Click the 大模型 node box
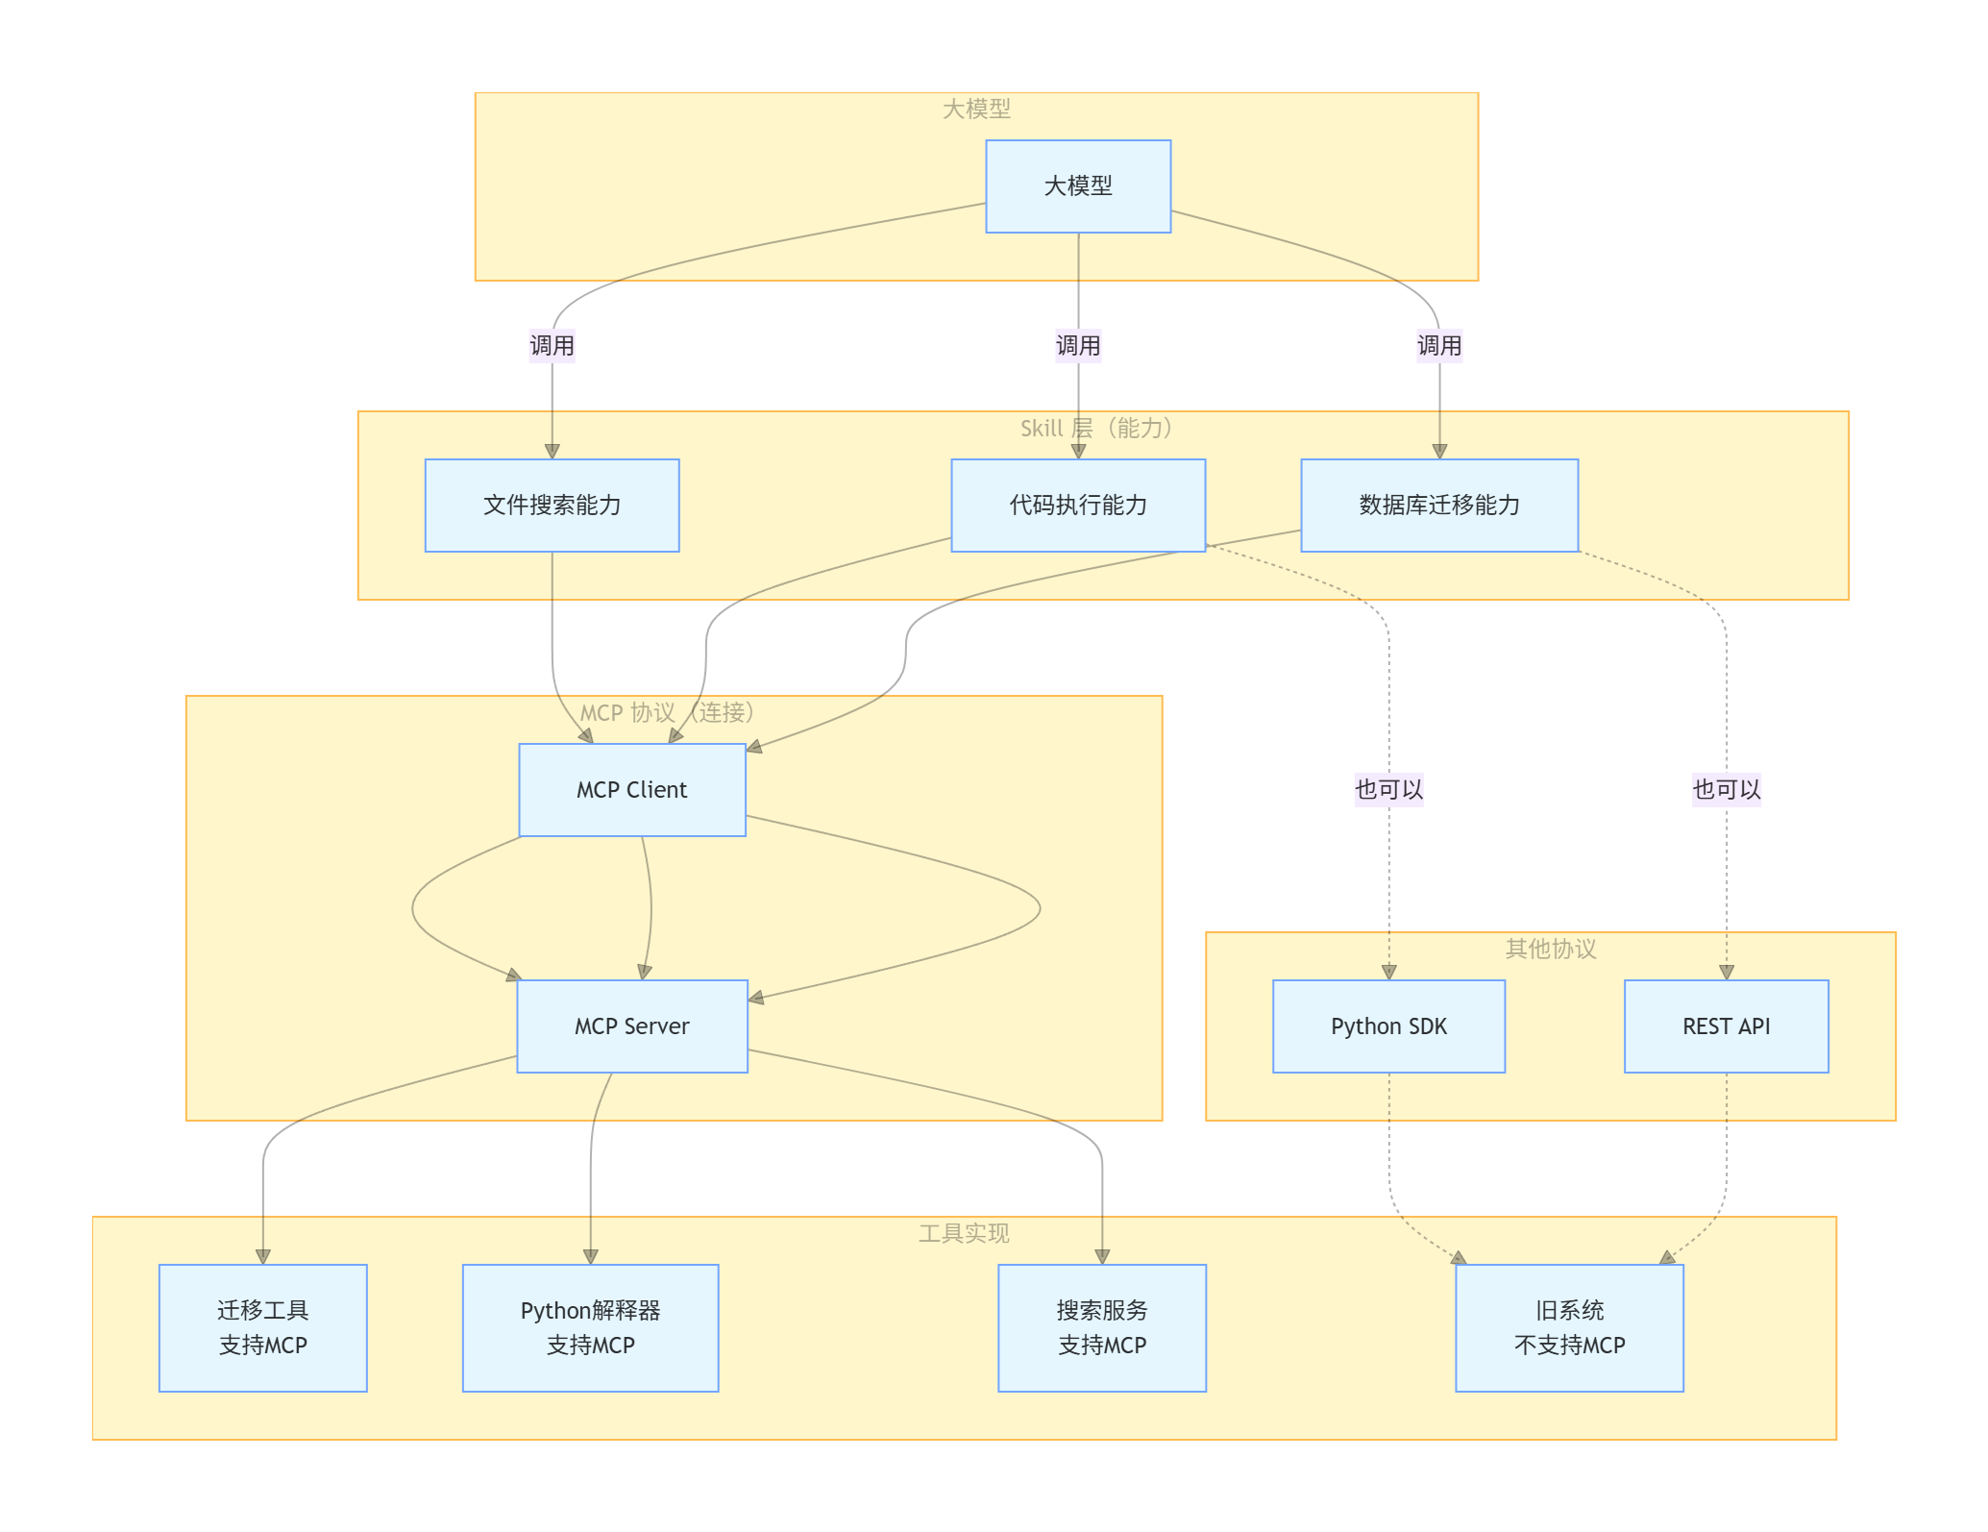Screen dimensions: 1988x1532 click(x=1078, y=186)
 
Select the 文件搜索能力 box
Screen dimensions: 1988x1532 click(x=552, y=506)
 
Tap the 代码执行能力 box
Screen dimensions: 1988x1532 click(x=1078, y=506)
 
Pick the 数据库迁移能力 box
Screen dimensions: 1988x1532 click(x=1439, y=506)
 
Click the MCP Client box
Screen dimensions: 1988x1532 click(x=632, y=790)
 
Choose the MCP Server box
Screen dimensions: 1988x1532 click(x=632, y=1026)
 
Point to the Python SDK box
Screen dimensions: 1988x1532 click(x=1389, y=1026)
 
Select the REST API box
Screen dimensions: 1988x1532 click(x=1727, y=1026)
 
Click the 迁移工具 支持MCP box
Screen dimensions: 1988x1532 click(x=263, y=1328)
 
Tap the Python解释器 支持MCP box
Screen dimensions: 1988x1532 click(x=591, y=1328)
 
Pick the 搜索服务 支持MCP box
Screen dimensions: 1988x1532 click(x=1102, y=1328)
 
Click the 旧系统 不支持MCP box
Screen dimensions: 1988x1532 click(x=1570, y=1328)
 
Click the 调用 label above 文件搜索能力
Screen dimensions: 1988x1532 click(x=552, y=346)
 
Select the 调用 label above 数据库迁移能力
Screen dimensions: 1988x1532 click(x=1439, y=346)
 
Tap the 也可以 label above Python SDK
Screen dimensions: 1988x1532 click(x=1389, y=790)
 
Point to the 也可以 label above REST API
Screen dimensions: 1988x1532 click(x=1727, y=790)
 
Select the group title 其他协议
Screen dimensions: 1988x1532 click(x=1551, y=950)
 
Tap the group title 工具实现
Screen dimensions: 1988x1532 click(x=964, y=1234)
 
